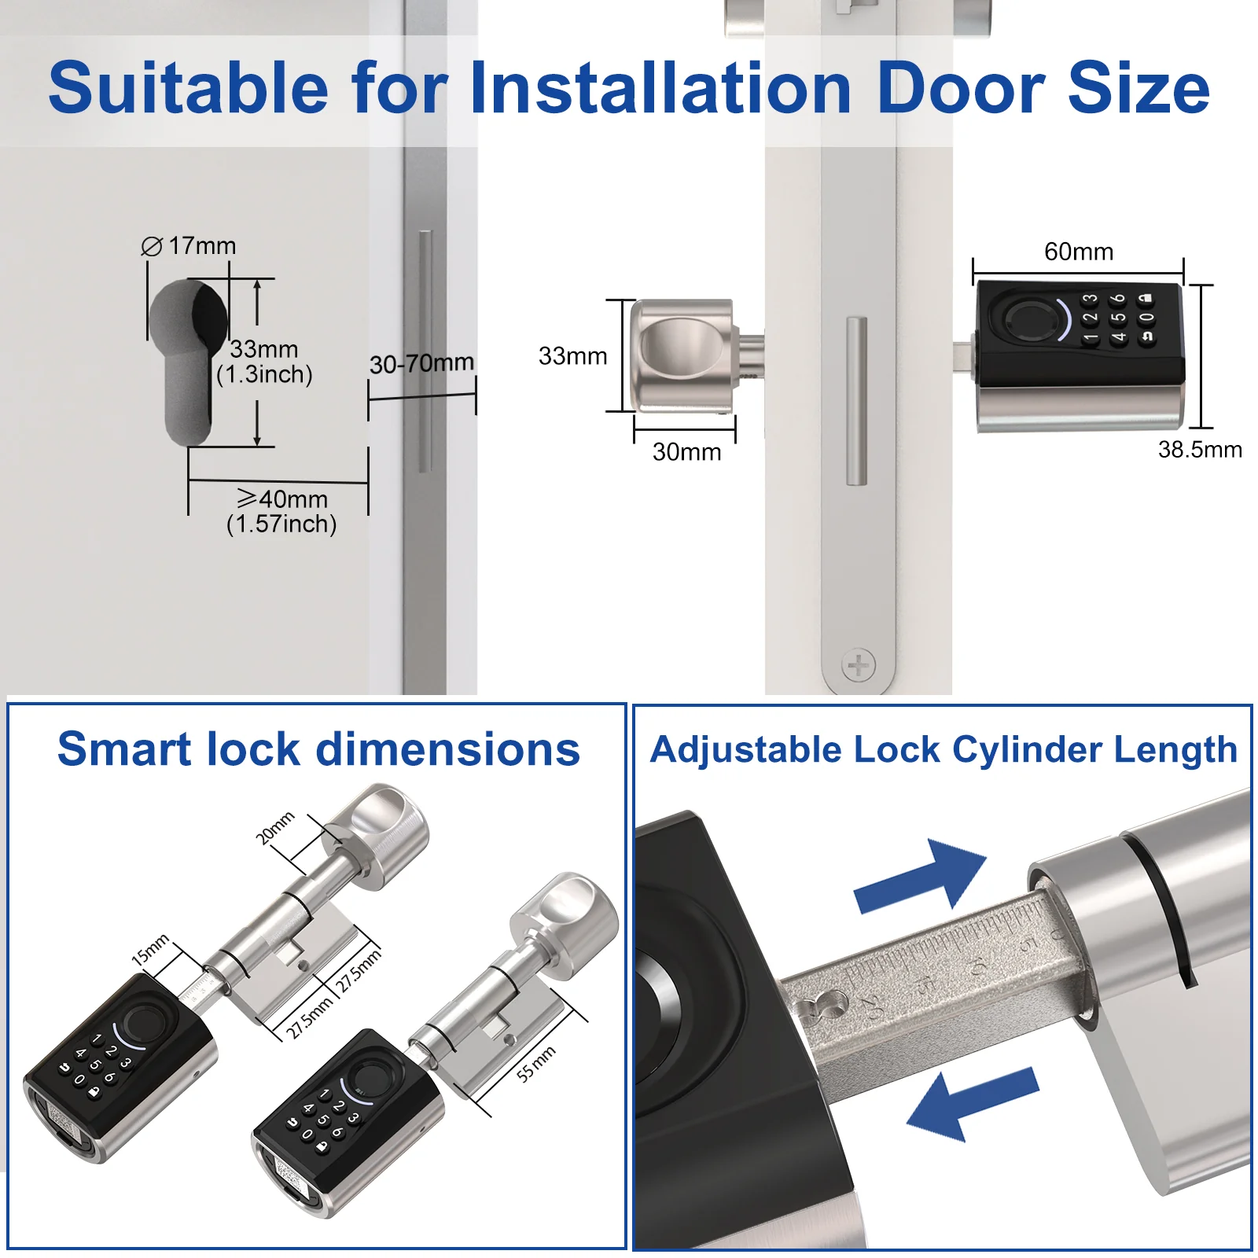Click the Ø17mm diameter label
[189, 246]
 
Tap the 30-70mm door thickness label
[421, 363]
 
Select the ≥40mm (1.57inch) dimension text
[281, 511]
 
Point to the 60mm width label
[1079, 252]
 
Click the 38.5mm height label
[1200, 450]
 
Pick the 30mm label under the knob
[686, 452]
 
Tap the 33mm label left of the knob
[572, 356]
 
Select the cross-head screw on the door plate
[859, 665]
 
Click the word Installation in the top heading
[661, 87]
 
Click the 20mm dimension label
[275, 828]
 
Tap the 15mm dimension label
[150, 950]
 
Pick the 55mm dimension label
[536, 1064]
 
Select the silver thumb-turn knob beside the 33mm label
[682, 356]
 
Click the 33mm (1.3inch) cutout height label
[264, 362]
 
